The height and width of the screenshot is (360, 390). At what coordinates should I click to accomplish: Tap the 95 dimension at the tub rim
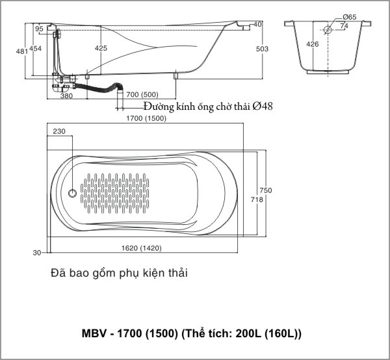39,29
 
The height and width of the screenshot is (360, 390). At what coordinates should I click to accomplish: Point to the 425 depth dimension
101,49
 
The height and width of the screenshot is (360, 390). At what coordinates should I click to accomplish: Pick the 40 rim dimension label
258,24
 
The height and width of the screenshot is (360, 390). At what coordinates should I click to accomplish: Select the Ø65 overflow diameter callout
350,18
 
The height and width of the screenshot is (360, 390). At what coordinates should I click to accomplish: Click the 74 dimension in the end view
344,26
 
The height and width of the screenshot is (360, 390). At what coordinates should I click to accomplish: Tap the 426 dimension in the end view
313,44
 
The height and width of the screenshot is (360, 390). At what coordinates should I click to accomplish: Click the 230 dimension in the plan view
59,131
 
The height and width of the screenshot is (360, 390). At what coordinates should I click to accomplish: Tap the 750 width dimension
264,190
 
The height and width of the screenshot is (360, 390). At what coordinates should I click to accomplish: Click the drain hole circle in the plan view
73,193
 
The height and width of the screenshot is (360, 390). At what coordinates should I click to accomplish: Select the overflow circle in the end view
328,29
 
